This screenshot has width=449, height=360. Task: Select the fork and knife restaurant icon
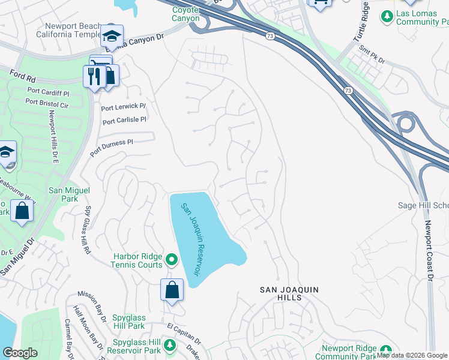coord(94,76)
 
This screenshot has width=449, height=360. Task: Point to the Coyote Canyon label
coord(186,14)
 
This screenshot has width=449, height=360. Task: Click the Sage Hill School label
coord(423,205)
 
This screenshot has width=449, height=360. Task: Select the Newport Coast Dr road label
coord(429,251)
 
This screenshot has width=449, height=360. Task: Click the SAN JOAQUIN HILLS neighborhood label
coord(289,293)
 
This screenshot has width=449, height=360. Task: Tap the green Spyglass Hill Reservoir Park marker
coord(170,345)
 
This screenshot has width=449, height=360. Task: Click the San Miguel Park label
coord(63,194)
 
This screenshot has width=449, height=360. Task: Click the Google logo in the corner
coord(20,353)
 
